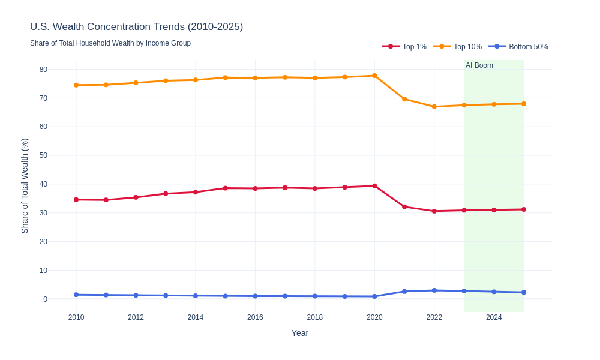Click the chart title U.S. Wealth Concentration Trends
click(136, 27)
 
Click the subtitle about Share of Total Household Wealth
click(110, 43)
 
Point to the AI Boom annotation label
click(479, 65)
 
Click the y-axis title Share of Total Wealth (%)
click(25, 186)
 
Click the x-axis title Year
click(300, 333)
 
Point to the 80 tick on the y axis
click(43, 70)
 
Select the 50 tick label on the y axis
click(43, 155)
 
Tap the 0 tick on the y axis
click(45, 299)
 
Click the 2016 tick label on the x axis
click(255, 317)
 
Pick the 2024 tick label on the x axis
click(494, 317)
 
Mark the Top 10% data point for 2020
click(374, 76)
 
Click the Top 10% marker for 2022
click(434, 107)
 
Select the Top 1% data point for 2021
click(404, 207)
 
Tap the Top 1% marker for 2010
click(76, 200)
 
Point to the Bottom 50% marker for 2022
click(434, 290)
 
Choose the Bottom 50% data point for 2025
click(524, 292)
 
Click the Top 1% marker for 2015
click(226, 188)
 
